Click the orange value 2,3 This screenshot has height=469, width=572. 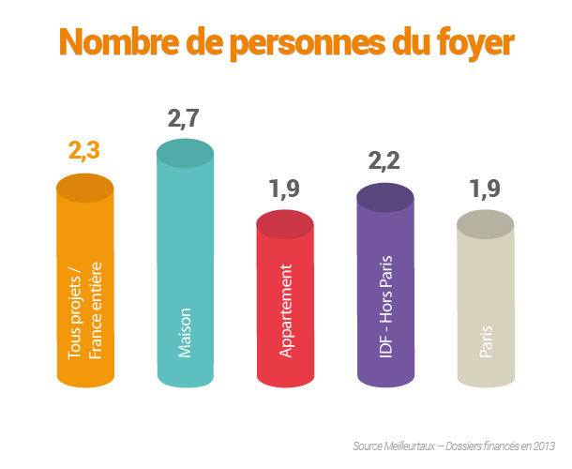(x=84, y=150)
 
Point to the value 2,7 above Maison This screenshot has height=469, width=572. (x=185, y=119)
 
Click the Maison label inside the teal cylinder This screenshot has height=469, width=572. (x=185, y=332)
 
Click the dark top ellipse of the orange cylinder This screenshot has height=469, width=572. (x=85, y=187)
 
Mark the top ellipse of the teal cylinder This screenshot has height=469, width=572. (x=185, y=153)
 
